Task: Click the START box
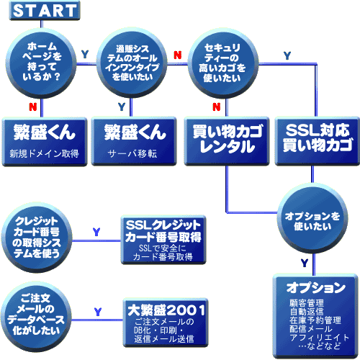[x=45, y=11]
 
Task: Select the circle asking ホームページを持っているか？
[x=41, y=63]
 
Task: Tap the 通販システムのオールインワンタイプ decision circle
[x=132, y=63]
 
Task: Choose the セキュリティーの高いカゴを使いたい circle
[x=223, y=63]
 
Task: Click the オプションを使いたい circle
[x=312, y=218]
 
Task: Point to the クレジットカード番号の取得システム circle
[x=37, y=238]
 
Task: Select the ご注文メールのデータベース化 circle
[x=36, y=317]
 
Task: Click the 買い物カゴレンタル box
[x=227, y=141]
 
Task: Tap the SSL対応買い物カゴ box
[x=318, y=141]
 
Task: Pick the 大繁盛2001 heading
[x=166, y=310]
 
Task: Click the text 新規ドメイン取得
[x=44, y=153]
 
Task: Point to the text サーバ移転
[x=132, y=153]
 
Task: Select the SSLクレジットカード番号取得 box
[x=163, y=240]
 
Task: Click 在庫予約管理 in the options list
[x=315, y=320]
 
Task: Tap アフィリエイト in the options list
[x=320, y=338]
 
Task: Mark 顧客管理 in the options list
[x=307, y=303]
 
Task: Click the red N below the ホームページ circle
[x=33, y=107]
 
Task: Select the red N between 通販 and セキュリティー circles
[x=178, y=55]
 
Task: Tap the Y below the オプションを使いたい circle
[x=305, y=264]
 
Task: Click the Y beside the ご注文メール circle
[x=98, y=312]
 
